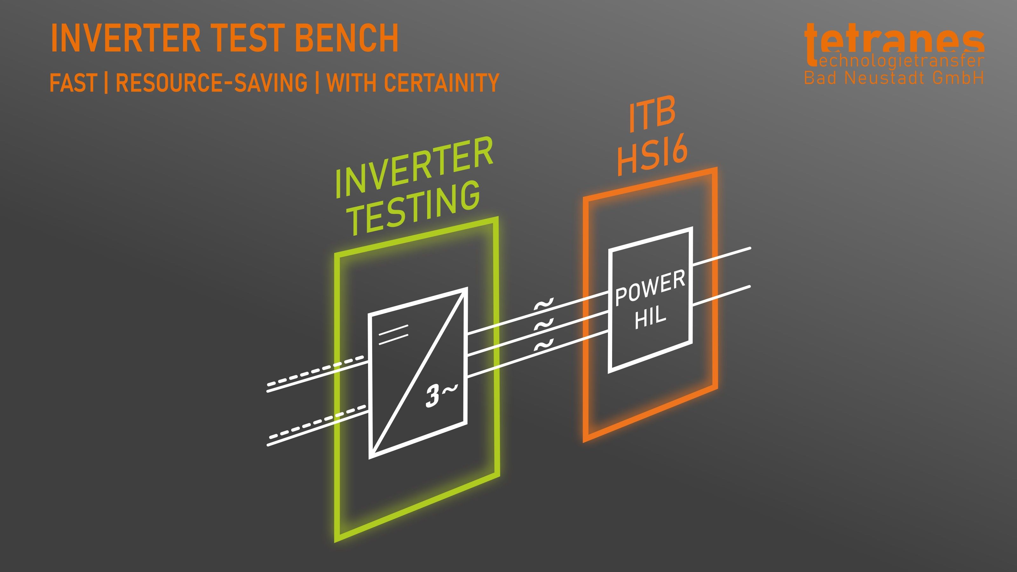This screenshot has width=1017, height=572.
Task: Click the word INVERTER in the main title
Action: coord(126,38)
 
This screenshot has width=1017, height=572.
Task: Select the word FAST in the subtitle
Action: coord(73,83)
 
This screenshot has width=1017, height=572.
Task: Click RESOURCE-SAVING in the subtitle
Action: coord(211,83)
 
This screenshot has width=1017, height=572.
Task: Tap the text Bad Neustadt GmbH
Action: coord(894,78)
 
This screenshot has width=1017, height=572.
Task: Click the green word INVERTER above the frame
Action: coord(414,167)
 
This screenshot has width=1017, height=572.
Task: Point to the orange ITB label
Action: coord(652,114)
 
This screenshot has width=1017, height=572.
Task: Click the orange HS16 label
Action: coord(652,155)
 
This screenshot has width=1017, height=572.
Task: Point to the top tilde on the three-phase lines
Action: coord(544,306)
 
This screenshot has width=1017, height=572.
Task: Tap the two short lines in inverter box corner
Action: coord(393,334)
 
